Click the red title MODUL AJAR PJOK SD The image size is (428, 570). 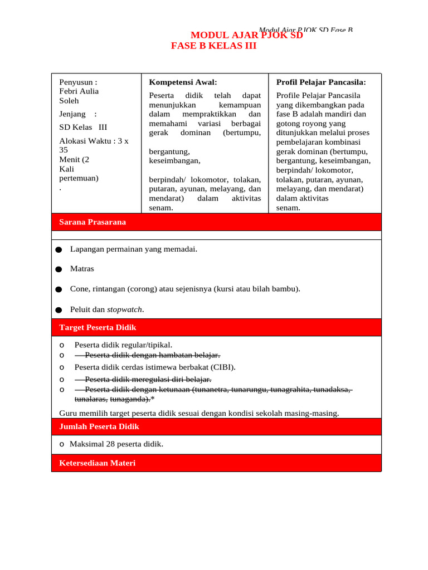click(246, 36)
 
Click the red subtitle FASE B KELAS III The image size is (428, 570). click(213, 46)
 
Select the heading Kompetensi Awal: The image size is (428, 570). click(183, 82)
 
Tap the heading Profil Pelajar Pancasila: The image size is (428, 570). click(321, 82)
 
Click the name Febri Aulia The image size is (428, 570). click(79, 91)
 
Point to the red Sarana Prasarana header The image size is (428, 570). click(93, 222)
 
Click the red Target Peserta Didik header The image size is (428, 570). click(98, 327)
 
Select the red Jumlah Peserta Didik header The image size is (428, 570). click(99, 426)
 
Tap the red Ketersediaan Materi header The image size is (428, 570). click(97, 463)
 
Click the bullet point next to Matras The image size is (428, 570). click(59, 269)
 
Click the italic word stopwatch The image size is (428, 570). click(125, 309)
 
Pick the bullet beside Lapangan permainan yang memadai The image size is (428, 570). click(59, 250)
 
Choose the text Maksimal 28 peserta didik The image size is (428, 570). click(116, 444)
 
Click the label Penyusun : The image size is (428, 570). click(78, 82)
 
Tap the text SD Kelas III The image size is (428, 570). click(82, 127)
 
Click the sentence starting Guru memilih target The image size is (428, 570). click(199, 413)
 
